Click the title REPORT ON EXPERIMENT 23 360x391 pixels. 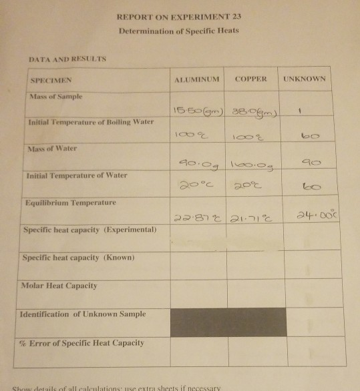click(x=178, y=16)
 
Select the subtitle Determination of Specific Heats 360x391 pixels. click(x=178, y=31)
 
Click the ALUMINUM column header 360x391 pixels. click(x=196, y=79)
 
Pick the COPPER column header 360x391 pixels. click(x=251, y=79)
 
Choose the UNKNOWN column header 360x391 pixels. click(x=305, y=79)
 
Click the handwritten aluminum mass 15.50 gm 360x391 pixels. click(x=198, y=109)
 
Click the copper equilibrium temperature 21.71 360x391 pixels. click(x=252, y=218)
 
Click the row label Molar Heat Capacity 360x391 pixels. click(x=59, y=286)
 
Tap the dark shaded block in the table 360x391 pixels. click(x=228, y=322)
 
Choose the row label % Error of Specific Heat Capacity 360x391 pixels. click(x=83, y=342)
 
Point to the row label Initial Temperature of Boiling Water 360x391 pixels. click(x=90, y=122)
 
